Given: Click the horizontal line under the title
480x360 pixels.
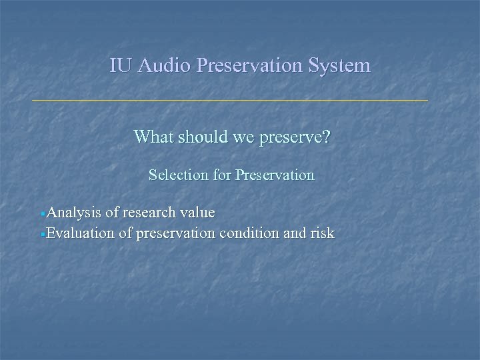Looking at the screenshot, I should [230, 100].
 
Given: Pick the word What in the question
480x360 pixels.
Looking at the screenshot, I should [152, 137].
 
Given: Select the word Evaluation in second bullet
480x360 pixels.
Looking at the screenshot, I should [80, 233].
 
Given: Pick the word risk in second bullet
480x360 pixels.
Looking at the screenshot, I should [323, 233].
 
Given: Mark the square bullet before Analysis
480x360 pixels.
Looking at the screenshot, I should [43, 215].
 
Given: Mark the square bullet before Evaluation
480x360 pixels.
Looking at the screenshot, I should [43, 235].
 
